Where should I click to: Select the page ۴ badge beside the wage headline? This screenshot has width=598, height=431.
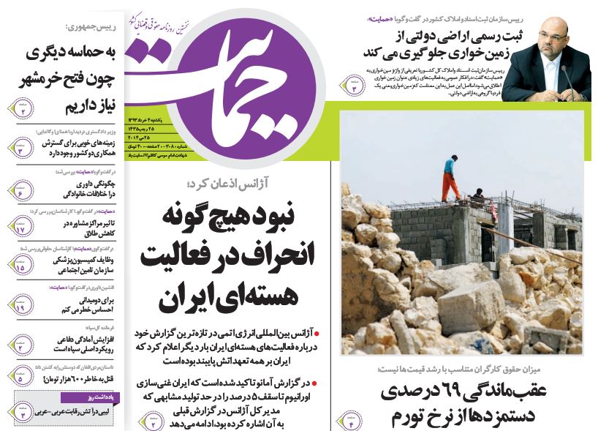[x=351, y=419]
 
